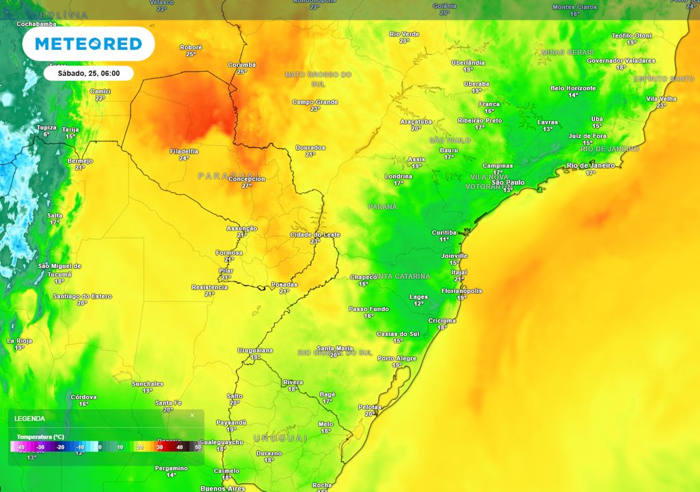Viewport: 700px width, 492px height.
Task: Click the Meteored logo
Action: [x=88, y=44]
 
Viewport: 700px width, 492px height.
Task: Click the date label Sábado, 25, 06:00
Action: [x=88, y=73]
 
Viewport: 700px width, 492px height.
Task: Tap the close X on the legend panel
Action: [x=192, y=415]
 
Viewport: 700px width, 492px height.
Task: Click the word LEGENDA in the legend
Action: [x=29, y=418]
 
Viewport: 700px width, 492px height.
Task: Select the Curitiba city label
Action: [x=444, y=232]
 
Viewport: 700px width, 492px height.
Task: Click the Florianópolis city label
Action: [x=461, y=290]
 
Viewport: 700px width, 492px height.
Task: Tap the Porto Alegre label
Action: [x=397, y=358]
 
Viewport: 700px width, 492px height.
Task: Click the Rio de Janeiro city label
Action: [x=590, y=165]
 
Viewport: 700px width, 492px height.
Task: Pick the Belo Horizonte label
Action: [x=573, y=88]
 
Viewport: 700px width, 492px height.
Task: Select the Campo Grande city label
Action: [x=315, y=102]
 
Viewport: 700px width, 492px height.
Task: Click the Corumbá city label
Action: [x=241, y=65]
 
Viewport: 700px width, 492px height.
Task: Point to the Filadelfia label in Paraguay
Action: [x=184, y=151]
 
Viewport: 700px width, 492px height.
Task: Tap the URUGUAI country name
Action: [x=280, y=437]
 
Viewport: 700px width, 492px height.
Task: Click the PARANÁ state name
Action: [x=383, y=206]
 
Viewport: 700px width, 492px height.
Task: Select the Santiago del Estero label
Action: [x=82, y=296]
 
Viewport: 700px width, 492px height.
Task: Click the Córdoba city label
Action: [x=83, y=397]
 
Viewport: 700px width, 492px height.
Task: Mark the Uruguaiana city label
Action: [x=255, y=350]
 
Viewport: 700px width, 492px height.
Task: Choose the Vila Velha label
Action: [x=661, y=98]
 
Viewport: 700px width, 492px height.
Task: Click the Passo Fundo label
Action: [x=368, y=308]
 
